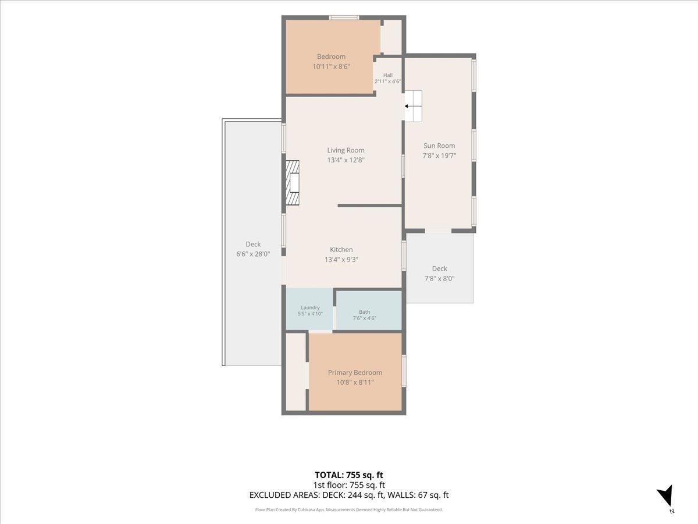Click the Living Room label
[346, 150]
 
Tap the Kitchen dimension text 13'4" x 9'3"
[341, 260]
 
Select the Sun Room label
[439, 146]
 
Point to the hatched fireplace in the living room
[293, 183]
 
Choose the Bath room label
[365, 312]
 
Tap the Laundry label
[310, 307]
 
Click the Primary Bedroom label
[355, 373]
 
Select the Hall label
[387, 75]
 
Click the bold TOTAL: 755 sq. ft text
[349, 475]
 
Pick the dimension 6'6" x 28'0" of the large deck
[253, 254]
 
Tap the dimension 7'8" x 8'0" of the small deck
[440, 279]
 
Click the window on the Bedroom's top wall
[344, 18]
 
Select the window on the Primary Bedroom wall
[404, 371]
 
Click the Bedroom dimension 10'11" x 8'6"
[331, 66]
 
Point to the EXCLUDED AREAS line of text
[349, 495]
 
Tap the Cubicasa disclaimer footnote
[349, 509]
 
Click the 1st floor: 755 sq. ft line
[349, 485]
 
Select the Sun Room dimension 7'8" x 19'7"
[439, 155]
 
